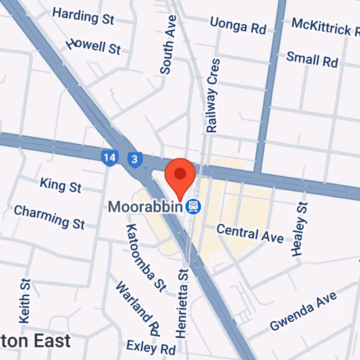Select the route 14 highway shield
pyautogui.click(x=109, y=158)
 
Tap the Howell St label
pyautogui.click(x=93, y=46)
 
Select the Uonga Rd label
pyautogui.click(x=238, y=25)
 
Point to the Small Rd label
pyautogui.click(x=312, y=59)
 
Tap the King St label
pyautogui.click(x=60, y=184)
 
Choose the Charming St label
pyautogui.click(x=49, y=217)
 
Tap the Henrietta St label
pyautogui.click(x=182, y=303)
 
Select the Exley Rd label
pyautogui.click(x=151, y=346)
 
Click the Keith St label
pyautogui.click(x=25, y=301)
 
